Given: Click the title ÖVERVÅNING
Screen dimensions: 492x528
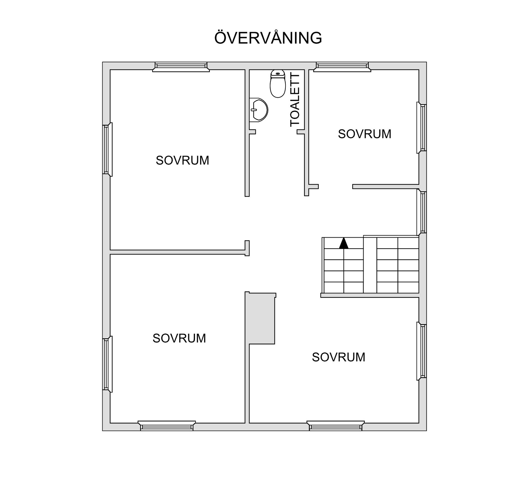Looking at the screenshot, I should pyautogui.click(x=268, y=38).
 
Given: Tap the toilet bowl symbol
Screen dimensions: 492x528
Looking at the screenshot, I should pyautogui.click(x=278, y=84).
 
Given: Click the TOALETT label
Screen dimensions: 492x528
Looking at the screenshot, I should pyautogui.click(x=295, y=100).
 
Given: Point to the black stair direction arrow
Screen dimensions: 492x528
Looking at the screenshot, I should pyautogui.click(x=344, y=243).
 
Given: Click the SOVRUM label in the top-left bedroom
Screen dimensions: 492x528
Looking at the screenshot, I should pyautogui.click(x=182, y=161).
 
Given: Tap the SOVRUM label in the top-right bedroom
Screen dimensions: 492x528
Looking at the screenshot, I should pyautogui.click(x=364, y=134).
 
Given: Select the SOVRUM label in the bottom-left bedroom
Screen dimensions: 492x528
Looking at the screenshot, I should pyautogui.click(x=179, y=338).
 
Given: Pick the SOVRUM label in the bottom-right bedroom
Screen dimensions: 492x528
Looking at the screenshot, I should pyautogui.click(x=339, y=357).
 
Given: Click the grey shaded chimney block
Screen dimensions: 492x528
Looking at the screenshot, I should pyautogui.click(x=261, y=318).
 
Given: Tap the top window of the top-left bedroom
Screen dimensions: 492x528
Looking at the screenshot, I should pyautogui.click(x=181, y=66).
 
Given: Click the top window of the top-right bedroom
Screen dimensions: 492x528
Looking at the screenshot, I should pyautogui.click(x=342, y=66).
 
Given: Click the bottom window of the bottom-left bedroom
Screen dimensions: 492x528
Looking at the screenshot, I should pyautogui.click(x=167, y=426).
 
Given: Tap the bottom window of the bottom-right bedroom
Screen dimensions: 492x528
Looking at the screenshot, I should pyautogui.click(x=335, y=426).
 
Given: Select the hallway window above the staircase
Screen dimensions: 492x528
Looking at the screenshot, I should pyautogui.click(x=422, y=212).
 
